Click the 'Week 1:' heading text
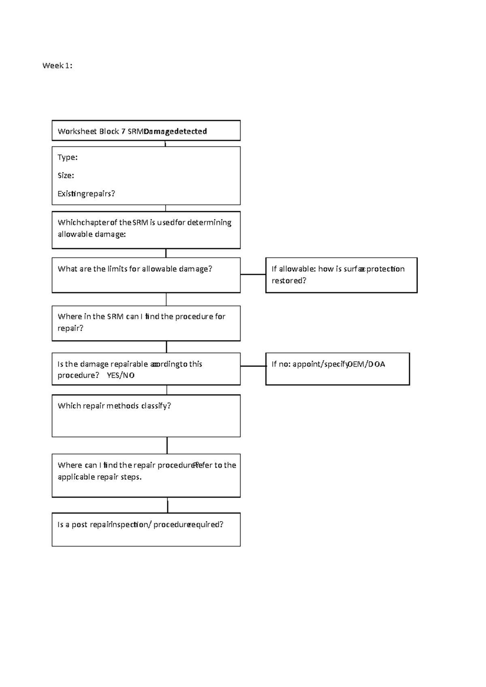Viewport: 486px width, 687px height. point(58,66)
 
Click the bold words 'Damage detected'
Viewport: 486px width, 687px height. point(175,131)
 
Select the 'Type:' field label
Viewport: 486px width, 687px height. point(68,157)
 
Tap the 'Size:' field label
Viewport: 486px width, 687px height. point(66,175)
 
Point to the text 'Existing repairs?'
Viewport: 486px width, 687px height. point(86,193)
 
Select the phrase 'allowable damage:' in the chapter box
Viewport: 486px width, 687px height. point(92,234)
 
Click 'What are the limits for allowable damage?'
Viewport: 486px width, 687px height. point(135,269)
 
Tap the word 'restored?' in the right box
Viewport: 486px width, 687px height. point(289,280)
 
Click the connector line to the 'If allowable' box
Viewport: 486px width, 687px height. point(253,274)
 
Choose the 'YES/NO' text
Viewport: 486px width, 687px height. point(121,375)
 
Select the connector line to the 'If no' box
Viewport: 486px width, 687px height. point(253,366)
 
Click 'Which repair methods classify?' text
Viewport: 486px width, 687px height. point(114,405)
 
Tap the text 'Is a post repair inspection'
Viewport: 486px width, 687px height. point(103,524)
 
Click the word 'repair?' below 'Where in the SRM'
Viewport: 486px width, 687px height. point(70,328)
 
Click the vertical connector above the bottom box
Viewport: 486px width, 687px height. point(167,505)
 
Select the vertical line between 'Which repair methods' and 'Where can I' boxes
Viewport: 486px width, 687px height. point(167,445)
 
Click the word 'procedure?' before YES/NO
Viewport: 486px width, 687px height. point(78,375)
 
